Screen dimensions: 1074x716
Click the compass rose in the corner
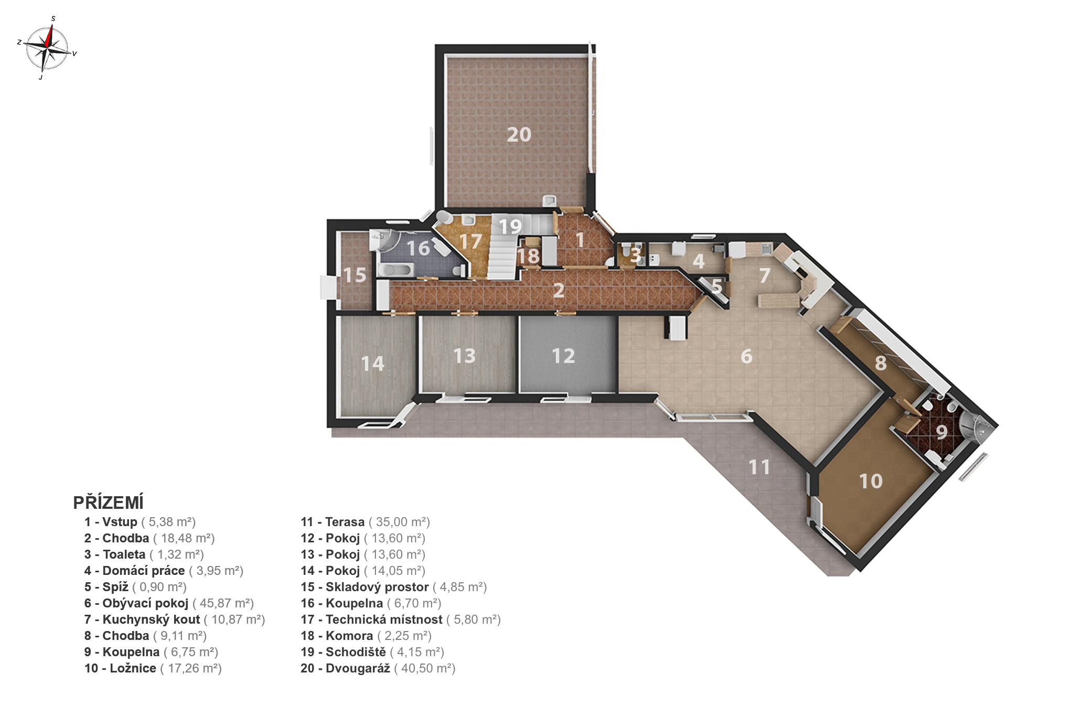pos(47,48)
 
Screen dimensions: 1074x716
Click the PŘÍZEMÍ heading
pos(108,503)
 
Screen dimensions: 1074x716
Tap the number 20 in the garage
pos(519,135)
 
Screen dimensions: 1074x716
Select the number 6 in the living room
pos(747,357)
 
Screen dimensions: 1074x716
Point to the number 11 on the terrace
pos(759,467)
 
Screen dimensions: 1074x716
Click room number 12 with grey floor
pos(563,356)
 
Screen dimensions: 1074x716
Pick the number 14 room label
pos(372,364)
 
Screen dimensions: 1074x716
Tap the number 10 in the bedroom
pos(871,481)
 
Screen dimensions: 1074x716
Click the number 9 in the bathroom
pos(942,432)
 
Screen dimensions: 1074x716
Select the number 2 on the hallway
pos(559,290)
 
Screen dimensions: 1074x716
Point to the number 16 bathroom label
pos(418,248)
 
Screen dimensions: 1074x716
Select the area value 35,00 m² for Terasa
pos(399,522)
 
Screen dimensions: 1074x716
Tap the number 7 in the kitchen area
pos(765,275)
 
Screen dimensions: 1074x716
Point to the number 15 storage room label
pos(355,275)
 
